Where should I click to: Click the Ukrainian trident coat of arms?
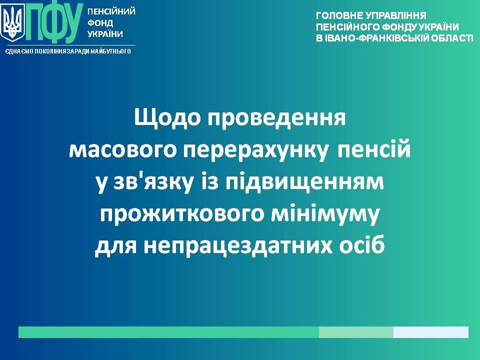click(12, 23)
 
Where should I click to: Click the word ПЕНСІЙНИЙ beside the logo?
click(111, 11)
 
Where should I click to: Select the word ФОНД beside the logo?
click(100, 23)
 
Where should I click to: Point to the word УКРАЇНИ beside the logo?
click(105, 34)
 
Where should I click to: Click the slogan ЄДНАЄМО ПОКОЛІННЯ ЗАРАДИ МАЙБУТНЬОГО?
click(67, 51)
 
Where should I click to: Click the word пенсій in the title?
click(373, 149)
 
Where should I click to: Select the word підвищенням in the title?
click(304, 182)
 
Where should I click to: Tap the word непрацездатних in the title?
click(238, 246)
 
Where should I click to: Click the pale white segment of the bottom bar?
click(430, 332)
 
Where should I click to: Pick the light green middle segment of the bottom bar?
click(356, 332)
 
